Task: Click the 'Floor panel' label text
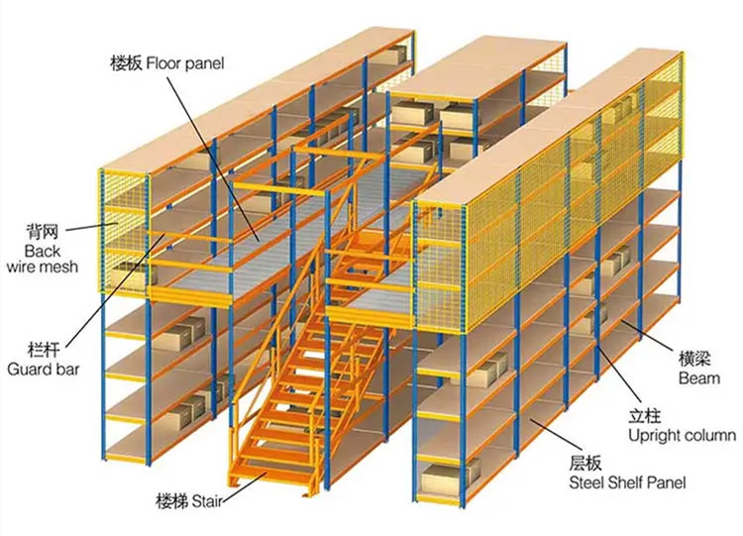coord(185,63)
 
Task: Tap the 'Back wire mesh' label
coord(43,259)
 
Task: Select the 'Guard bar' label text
coord(44,370)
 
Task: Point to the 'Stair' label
coord(207,501)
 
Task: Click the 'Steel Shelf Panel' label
coord(627,482)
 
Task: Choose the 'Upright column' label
coord(683,435)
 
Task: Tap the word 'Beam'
coord(699,378)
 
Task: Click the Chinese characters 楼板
coord(127,63)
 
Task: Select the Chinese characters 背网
coord(43,232)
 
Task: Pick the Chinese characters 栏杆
coord(44,351)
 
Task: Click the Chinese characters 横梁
coord(694,360)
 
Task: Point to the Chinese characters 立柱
coord(645,416)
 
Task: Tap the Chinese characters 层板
coord(585,463)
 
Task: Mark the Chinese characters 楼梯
coord(172,501)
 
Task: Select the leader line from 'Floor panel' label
coord(212,158)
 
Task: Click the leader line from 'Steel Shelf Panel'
coord(556,433)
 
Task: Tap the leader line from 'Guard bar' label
coord(116,289)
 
